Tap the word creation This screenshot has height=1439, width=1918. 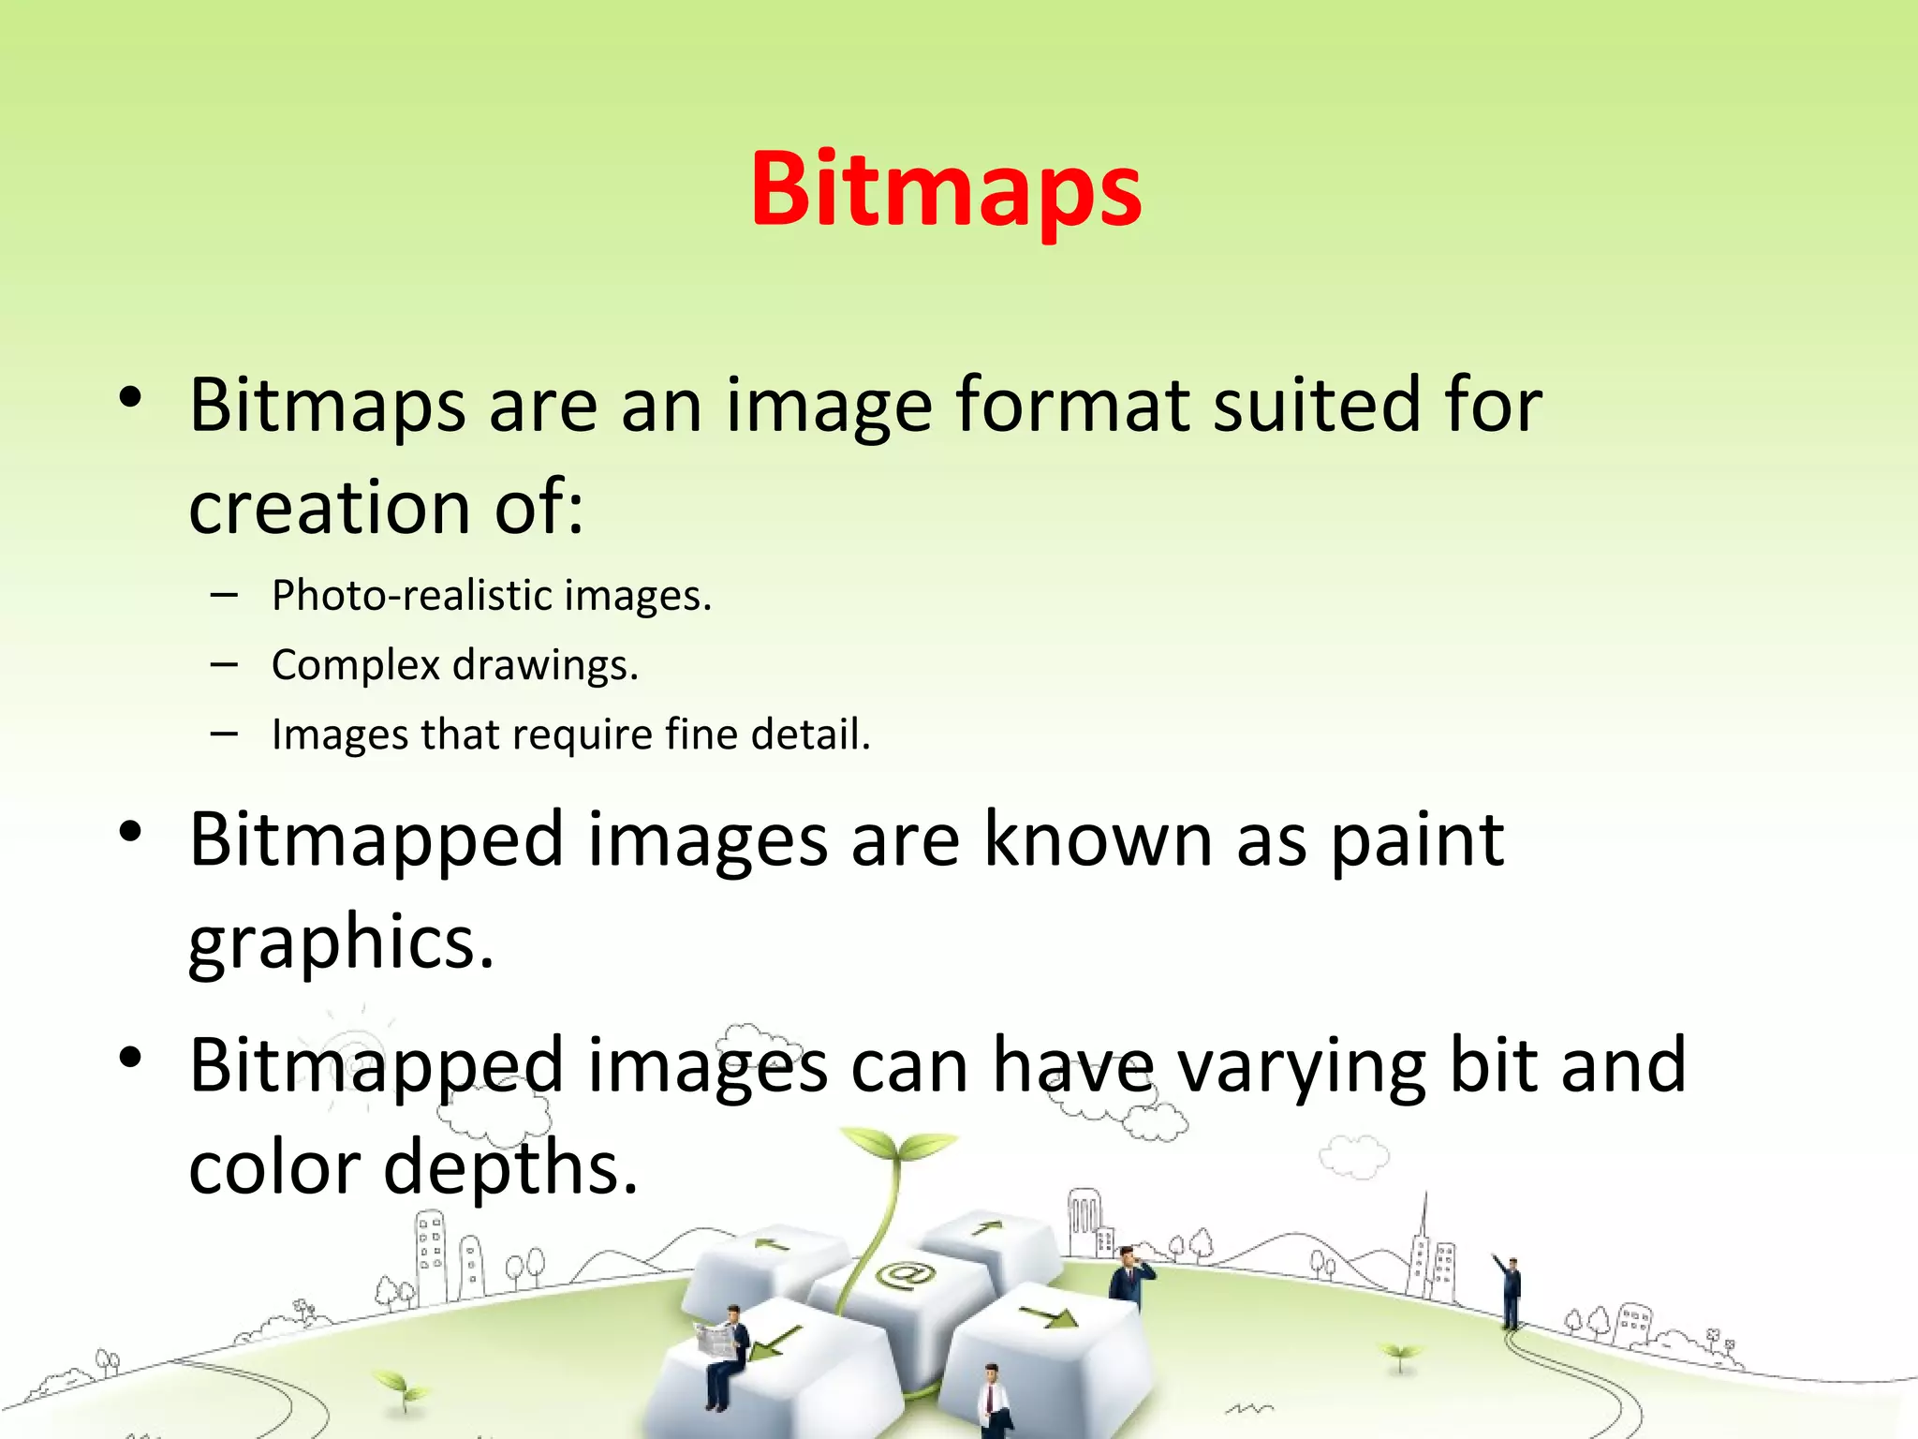pyautogui.click(x=329, y=508)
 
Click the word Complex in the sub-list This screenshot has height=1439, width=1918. pyautogui.click(x=355, y=665)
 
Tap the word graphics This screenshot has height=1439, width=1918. pyautogui.click(x=340, y=942)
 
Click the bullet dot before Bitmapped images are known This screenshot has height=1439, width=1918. pyautogui.click(x=130, y=831)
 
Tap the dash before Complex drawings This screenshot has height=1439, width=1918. pyautogui.click(x=224, y=665)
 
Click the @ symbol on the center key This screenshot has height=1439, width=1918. pyautogui.click(x=905, y=1274)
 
